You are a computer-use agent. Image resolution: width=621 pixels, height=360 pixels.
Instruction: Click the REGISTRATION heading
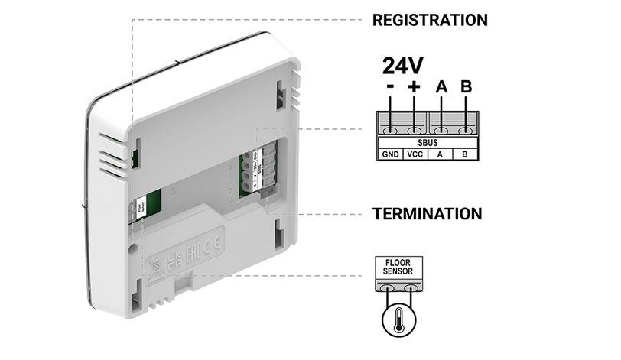tap(429, 19)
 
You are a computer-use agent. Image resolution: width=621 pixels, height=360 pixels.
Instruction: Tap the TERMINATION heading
tap(428, 213)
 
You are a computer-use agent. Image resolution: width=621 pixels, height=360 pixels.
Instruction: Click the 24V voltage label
tap(402, 63)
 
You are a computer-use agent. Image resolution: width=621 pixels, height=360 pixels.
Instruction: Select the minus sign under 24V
tap(391, 87)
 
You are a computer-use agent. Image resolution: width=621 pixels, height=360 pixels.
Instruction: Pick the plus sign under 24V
tap(415, 87)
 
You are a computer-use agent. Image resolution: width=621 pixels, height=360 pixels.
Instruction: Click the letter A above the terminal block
tap(441, 87)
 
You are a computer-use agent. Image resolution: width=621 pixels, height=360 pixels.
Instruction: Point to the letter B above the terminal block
tap(466, 87)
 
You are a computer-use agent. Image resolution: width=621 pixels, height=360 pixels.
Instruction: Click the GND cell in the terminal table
tap(391, 154)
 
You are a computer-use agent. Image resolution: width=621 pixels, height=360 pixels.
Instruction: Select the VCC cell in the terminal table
tap(415, 154)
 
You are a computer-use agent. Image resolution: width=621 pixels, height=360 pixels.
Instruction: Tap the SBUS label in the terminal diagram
tap(428, 141)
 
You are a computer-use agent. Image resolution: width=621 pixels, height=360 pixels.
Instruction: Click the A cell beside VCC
tap(440, 154)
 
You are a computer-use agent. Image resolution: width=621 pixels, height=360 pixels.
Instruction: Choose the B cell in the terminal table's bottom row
tap(465, 154)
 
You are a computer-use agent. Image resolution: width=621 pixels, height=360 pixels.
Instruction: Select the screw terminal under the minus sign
tap(391, 124)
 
